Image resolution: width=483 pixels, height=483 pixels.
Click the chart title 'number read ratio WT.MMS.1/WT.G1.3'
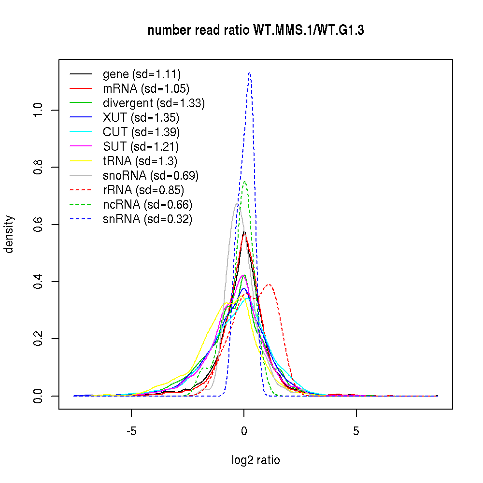[256, 30]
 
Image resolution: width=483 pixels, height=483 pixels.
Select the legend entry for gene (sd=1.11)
[142, 74]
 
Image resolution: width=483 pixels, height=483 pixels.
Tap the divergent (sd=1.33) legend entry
[154, 103]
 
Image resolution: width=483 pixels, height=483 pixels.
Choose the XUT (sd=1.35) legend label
[141, 117]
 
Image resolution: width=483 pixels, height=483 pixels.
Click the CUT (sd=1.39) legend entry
[141, 132]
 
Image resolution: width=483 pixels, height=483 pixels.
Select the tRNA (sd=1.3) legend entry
[137, 161]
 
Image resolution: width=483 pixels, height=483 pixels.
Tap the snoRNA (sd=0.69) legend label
[151, 175]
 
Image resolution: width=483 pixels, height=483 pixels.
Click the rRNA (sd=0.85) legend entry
[143, 190]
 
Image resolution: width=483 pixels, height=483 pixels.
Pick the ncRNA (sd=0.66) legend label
[147, 204]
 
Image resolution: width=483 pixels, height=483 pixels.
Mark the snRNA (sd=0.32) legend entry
[147, 219]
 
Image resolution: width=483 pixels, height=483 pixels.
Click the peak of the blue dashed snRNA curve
[249, 73]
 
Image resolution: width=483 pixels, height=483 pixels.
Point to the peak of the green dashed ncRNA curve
[245, 182]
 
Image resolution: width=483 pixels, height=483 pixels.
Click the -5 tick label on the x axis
[131, 431]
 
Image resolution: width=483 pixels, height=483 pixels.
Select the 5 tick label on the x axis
[356, 431]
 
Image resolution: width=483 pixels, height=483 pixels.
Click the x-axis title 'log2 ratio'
[256, 460]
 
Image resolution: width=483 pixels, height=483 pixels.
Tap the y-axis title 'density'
[10, 234]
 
